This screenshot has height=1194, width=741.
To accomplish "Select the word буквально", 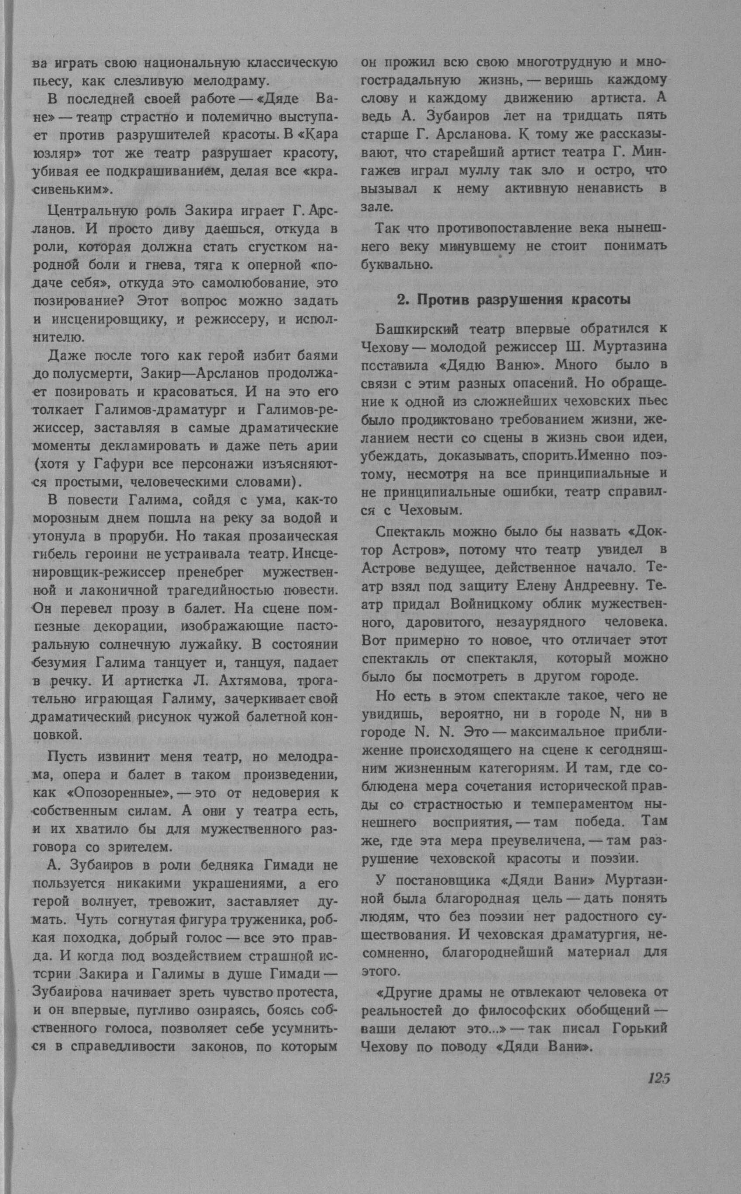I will point(396,265).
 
